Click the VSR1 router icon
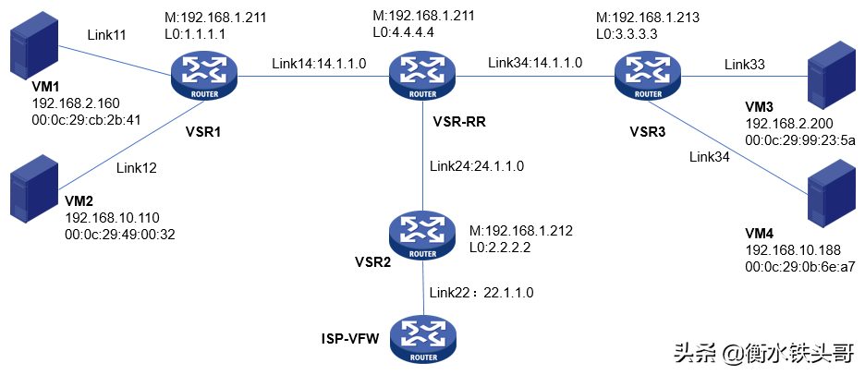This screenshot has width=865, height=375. [x=205, y=75]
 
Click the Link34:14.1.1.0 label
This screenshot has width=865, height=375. [x=535, y=64]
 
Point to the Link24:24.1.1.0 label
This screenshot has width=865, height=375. [x=477, y=166]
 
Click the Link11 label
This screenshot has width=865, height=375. [x=106, y=34]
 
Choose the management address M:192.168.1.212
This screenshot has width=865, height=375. [x=522, y=231]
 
